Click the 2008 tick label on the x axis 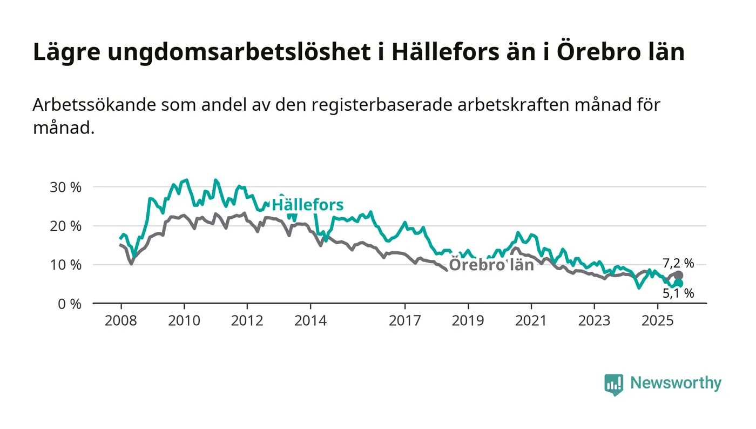[120, 321]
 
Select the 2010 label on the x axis [184, 321]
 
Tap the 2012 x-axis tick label [247, 321]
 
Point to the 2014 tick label [310, 321]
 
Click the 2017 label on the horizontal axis [405, 321]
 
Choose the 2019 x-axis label [468, 321]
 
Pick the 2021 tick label [531, 321]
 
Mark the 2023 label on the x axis [594, 321]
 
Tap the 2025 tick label [657, 321]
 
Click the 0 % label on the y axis [69, 304]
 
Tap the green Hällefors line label [307, 205]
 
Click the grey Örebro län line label [491, 265]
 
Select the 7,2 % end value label [678, 264]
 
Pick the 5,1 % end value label [678, 293]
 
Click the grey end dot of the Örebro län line [679, 276]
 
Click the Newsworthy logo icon [613, 385]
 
